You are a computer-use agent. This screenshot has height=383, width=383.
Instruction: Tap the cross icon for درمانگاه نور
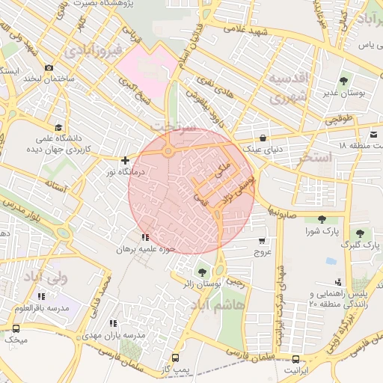pyautogui.click(x=125, y=159)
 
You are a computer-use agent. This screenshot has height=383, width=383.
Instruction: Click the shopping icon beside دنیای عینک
pyautogui.click(x=263, y=138)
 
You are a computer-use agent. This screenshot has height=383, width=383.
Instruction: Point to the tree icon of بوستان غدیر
pyautogui.click(x=343, y=80)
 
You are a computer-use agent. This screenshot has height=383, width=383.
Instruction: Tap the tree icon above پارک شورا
pyautogui.click(x=322, y=219)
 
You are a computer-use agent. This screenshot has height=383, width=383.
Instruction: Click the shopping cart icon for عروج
pyautogui.click(x=261, y=241)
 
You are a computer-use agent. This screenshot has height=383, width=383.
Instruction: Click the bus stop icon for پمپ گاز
pyautogui.click(x=176, y=358)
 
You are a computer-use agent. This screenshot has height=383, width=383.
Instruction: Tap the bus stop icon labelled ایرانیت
pyautogui.click(x=296, y=358)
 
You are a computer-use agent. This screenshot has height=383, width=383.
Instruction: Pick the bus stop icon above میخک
pyautogui.click(x=16, y=328)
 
